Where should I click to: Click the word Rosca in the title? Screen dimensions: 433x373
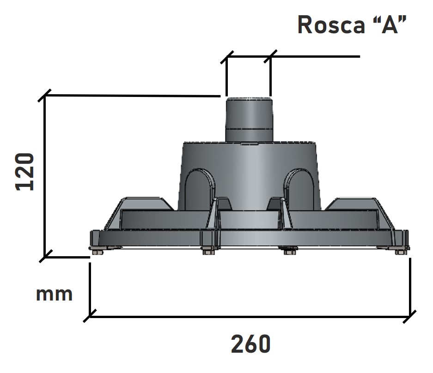click(x=331, y=25)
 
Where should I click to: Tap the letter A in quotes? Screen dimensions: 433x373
click(x=390, y=24)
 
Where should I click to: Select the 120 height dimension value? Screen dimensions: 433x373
click(x=24, y=172)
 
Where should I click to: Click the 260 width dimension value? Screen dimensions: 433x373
click(x=251, y=344)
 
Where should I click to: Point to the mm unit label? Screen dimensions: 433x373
click(x=55, y=295)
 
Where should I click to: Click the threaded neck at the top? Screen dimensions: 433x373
click(x=249, y=120)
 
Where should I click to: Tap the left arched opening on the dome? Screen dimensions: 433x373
click(x=199, y=190)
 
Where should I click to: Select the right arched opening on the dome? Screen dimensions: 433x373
click(x=299, y=190)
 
